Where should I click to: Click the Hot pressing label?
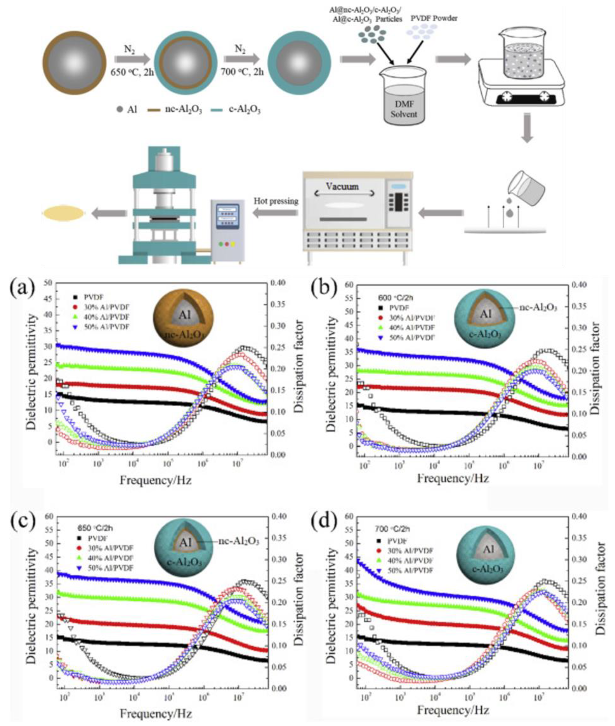pos(276,201)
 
